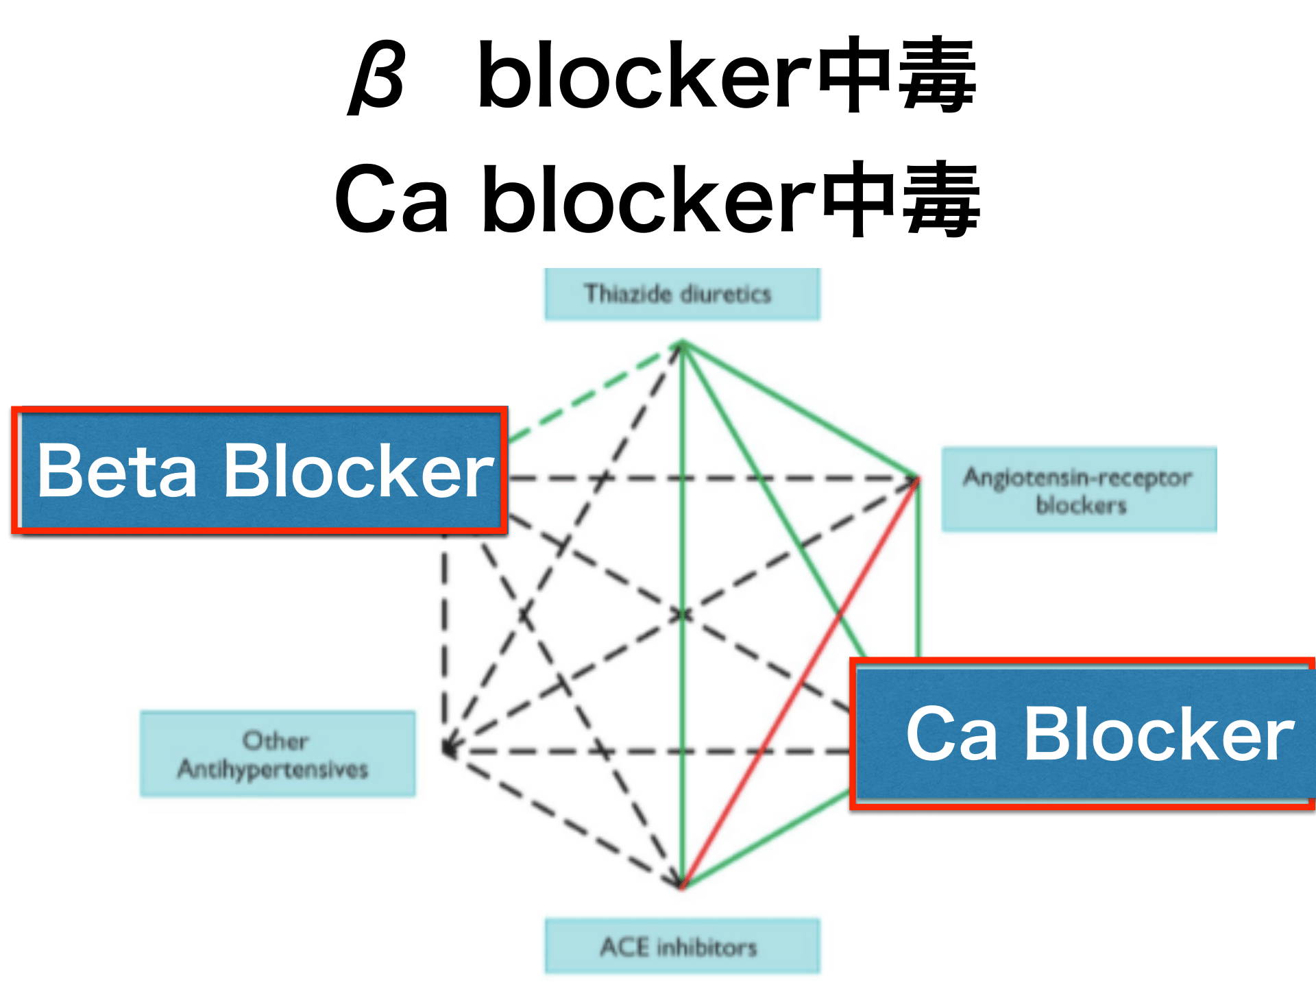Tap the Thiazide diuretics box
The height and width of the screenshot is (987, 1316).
(x=682, y=294)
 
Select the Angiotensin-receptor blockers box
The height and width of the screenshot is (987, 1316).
(x=1079, y=490)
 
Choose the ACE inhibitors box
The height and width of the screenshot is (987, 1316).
(x=682, y=947)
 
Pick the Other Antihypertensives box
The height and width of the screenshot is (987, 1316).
(x=278, y=754)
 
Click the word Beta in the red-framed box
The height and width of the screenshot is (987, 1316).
(x=117, y=472)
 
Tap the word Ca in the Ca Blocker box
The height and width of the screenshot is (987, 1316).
(x=951, y=735)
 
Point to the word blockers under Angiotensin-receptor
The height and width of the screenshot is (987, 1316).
(x=1081, y=506)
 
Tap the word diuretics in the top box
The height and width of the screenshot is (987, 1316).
(x=726, y=294)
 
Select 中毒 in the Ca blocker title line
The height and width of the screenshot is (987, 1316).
(x=901, y=200)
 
